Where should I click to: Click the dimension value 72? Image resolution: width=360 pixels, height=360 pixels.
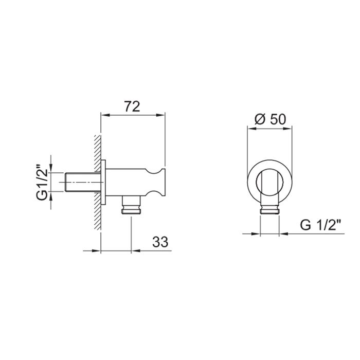coord(133,106)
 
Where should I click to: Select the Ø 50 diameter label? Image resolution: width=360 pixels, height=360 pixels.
coord(271,119)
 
